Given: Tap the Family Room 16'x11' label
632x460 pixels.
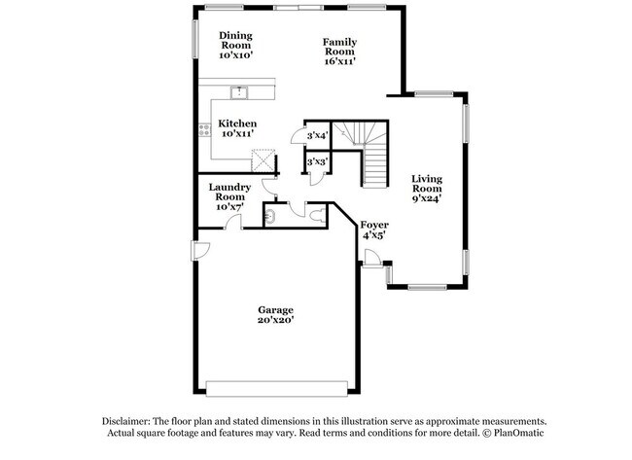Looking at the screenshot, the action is (339, 52).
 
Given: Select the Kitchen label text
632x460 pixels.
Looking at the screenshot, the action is (237, 124).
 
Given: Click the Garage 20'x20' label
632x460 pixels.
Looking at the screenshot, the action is (276, 315).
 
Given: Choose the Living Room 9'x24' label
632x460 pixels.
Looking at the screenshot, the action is (427, 189).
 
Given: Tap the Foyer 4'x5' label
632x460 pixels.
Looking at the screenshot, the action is (374, 230).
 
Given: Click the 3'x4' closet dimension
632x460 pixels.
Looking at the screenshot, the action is (316, 135).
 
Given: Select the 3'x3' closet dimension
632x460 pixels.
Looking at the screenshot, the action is (317, 162).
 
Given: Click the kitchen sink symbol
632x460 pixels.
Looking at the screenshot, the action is (239, 92).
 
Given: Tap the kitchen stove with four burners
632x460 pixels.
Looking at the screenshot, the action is (205, 129).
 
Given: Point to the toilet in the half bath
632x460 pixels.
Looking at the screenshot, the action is (318, 215).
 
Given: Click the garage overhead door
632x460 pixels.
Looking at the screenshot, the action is (277, 389).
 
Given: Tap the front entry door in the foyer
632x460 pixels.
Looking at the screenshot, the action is (371, 259).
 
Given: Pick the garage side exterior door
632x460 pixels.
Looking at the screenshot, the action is (200, 250).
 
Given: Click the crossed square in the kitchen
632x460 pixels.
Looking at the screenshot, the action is (263, 160).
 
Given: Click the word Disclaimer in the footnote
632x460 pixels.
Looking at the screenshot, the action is (126, 421).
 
